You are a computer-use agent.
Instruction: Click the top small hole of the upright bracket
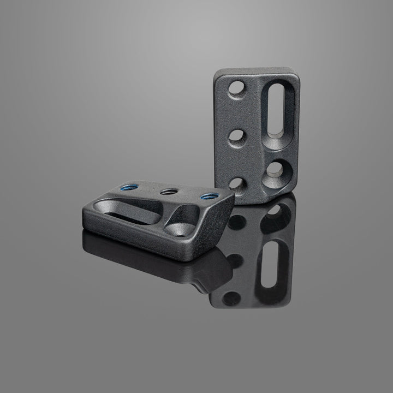237,88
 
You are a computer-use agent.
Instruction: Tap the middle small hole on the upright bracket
236,136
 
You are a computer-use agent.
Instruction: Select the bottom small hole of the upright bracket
236,183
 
